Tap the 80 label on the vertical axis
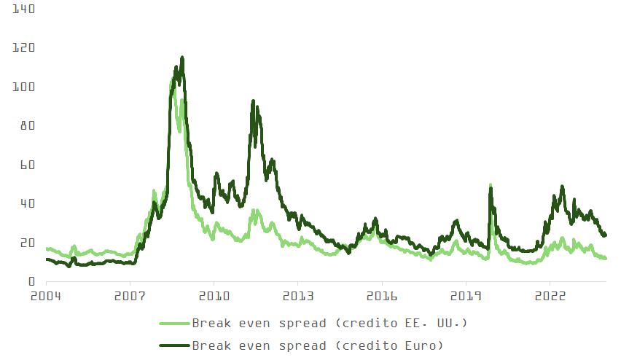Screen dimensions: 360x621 tap(28, 126)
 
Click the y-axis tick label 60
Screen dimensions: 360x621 tap(28, 165)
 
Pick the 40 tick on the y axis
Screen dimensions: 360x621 tap(28, 203)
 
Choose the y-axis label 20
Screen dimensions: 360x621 tap(28, 243)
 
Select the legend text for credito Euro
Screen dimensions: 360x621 tap(318, 345)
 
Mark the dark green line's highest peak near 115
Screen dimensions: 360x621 tap(182, 58)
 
